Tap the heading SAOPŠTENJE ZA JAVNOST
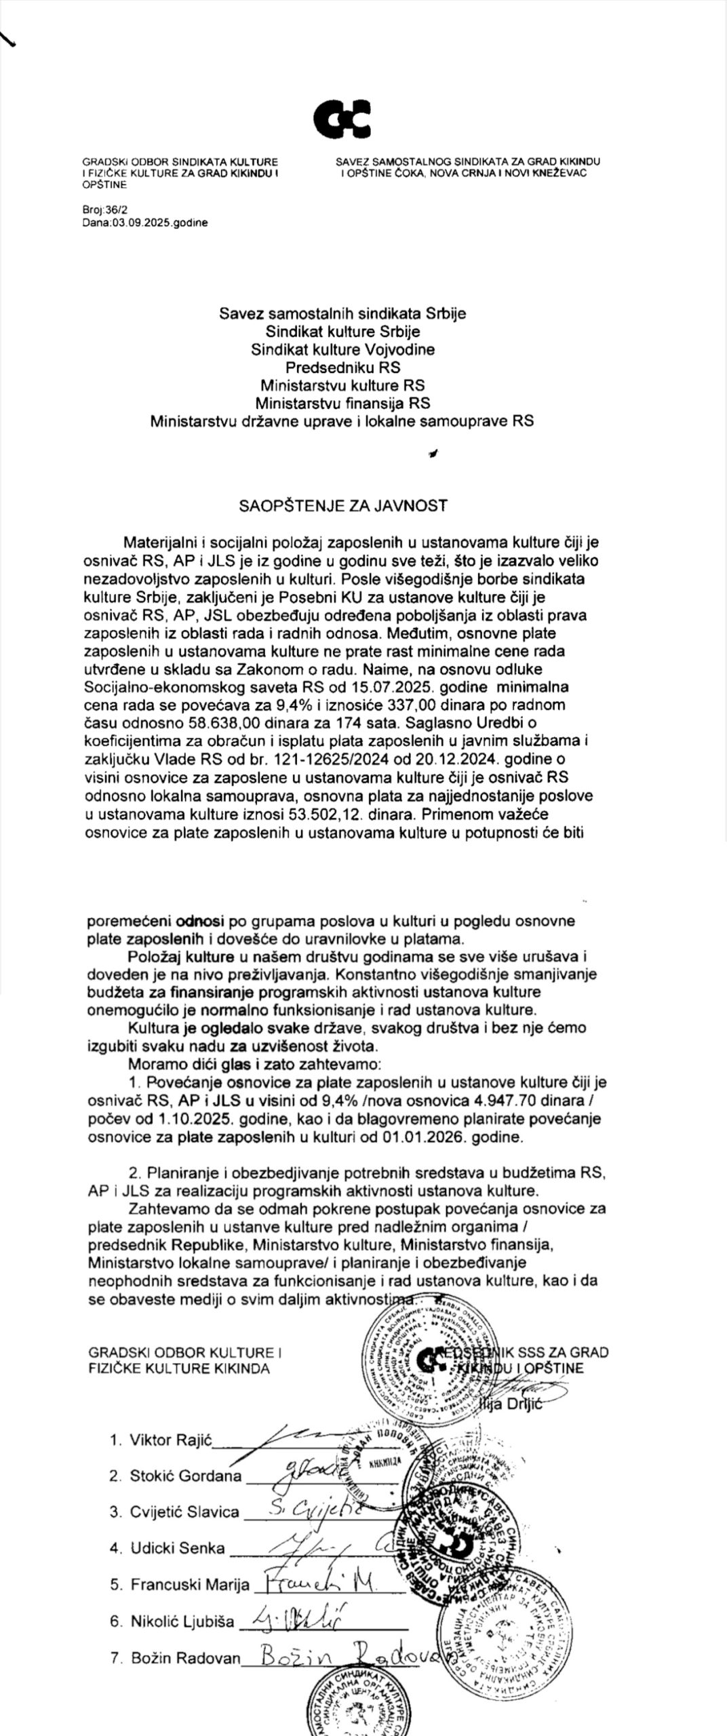click(342, 505)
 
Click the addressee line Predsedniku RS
click(342, 368)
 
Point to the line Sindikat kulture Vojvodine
click(342, 350)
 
